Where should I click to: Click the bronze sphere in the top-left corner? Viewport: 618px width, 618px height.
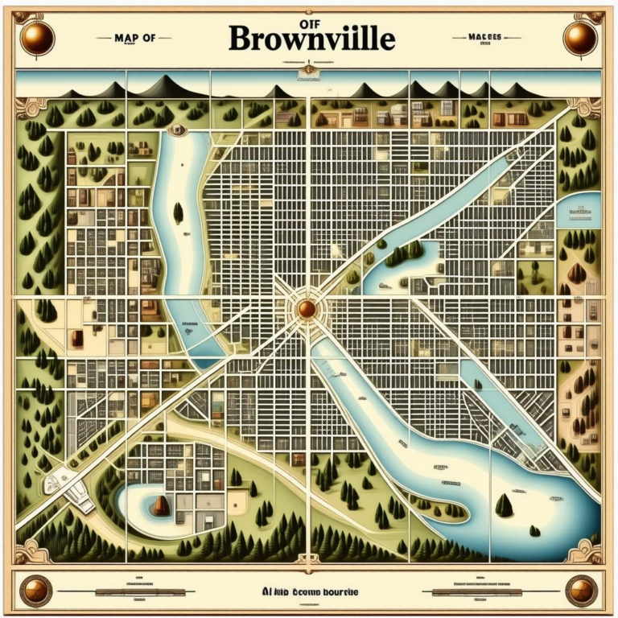(36, 38)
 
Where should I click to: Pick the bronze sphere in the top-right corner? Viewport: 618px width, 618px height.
(580, 38)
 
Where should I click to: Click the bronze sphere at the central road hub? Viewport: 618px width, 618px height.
(307, 309)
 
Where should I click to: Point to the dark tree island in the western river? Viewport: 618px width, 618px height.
(178, 213)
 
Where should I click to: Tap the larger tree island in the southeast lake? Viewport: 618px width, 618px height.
(504, 505)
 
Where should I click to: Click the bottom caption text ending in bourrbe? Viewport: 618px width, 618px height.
(310, 592)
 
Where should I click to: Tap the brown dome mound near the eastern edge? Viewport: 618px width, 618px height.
(576, 273)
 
